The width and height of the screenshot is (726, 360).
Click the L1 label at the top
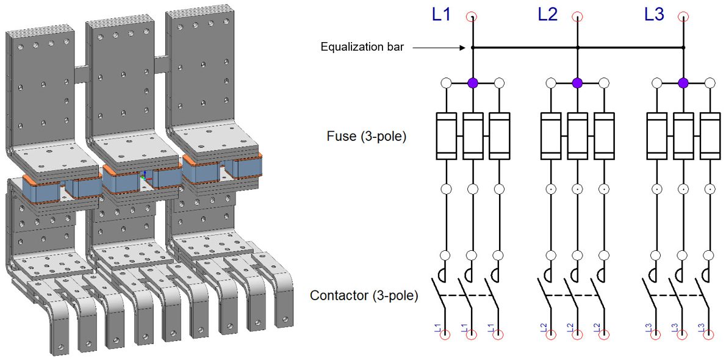[x=441, y=15]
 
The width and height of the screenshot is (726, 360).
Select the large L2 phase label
[x=547, y=15]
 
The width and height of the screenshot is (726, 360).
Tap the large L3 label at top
[x=654, y=15]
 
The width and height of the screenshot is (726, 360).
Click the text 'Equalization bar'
[x=362, y=47]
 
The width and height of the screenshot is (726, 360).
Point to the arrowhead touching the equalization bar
[x=466, y=47]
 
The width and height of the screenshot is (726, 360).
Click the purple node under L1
[x=472, y=83]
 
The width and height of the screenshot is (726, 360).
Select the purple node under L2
[x=578, y=83]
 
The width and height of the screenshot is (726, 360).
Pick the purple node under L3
[x=683, y=83]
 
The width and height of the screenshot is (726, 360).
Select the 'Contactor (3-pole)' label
[x=364, y=296]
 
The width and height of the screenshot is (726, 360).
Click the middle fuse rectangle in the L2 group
[x=578, y=135]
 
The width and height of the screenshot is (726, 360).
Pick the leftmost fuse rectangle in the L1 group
[x=446, y=135]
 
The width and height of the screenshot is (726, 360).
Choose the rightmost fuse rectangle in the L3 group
[x=710, y=135]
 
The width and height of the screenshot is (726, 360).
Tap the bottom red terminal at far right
[x=710, y=334]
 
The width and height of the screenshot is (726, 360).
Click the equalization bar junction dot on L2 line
[x=578, y=47]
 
